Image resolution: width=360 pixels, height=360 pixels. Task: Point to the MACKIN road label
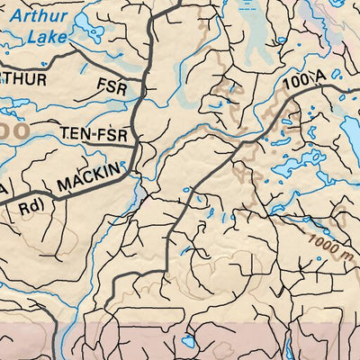click(x=87, y=177)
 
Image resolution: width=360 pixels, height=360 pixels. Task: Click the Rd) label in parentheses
click(x=30, y=206)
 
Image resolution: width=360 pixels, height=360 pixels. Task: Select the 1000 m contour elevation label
click(x=328, y=243)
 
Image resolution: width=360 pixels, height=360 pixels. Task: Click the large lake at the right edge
click(x=350, y=135)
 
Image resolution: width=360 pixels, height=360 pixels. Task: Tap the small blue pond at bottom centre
click(x=188, y=343)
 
